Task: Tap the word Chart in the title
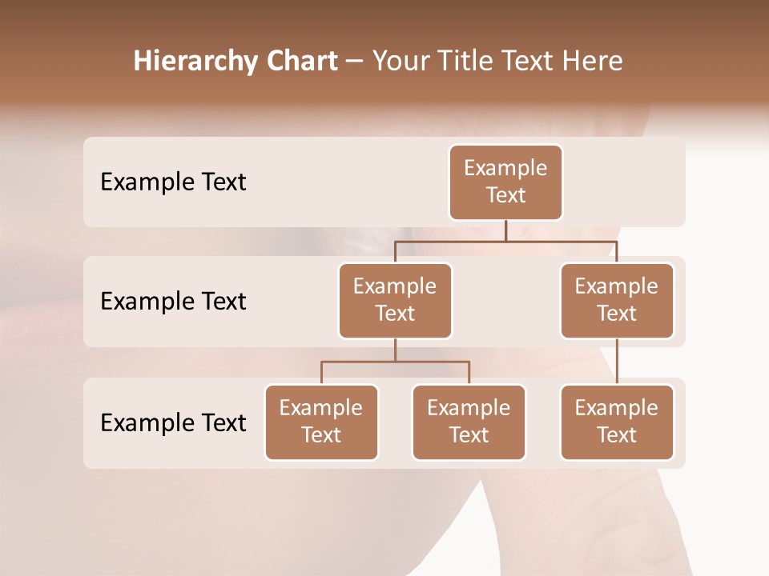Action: [300, 62]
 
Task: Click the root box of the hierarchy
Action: [505, 182]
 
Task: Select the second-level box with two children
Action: [395, 301]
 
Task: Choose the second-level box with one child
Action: [617, 301]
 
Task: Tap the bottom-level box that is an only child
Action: [617, 422]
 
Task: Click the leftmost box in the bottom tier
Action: [321, 422]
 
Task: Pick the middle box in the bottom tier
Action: [469, 422]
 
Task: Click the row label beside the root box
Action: [173, 182]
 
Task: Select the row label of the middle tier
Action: [173, 302]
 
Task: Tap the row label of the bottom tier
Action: [173, 422]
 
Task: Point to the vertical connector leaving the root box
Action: [505, 230]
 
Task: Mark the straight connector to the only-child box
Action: [617, 362]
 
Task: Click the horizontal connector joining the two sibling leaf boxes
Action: [395, 362]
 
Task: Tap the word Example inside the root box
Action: [505, 169]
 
